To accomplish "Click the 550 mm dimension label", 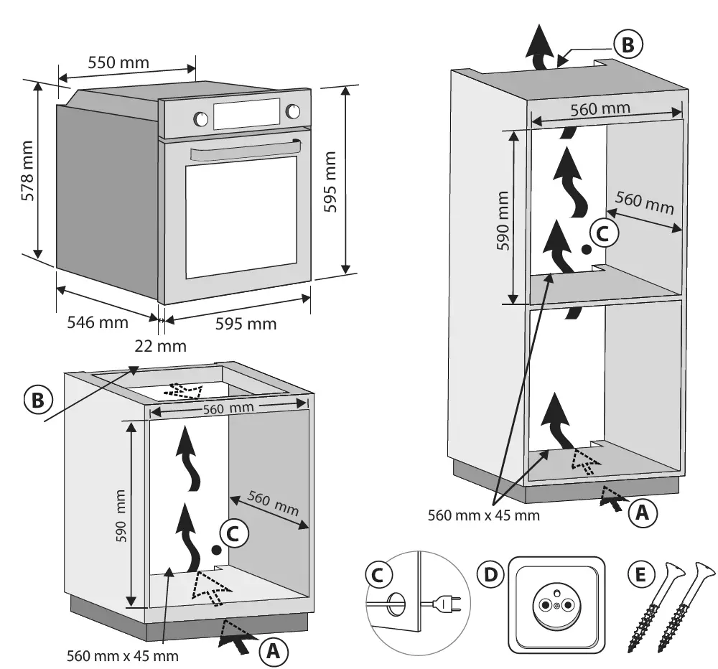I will [118, 62].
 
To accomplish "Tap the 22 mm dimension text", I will [160, 346].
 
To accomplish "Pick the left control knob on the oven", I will [200, 119].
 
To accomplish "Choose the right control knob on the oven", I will [293, 111].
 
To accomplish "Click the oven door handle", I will [244, 151].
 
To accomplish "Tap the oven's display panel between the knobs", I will [246, 114].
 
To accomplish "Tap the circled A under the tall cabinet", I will [643, 513].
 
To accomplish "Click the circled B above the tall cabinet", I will [628, 45].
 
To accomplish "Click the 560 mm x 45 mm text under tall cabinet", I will [483, 515].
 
